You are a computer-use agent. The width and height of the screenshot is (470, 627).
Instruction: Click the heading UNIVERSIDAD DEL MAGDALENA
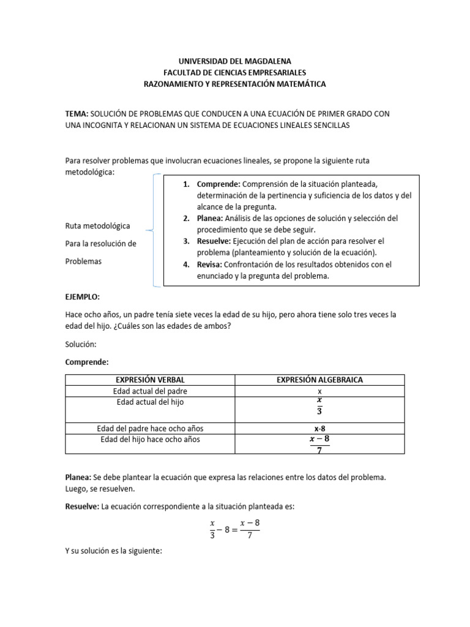coord(234,61)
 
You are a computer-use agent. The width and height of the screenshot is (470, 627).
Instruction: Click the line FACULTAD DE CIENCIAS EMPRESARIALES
coord(234,72)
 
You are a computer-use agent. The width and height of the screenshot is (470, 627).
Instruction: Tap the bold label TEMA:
coord(77,114)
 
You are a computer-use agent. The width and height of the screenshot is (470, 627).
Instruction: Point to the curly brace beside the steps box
coord(152,231)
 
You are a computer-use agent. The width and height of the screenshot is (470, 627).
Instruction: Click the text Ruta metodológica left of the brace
coord(97,226)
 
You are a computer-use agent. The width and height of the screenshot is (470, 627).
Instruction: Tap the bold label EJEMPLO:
coord(82,296)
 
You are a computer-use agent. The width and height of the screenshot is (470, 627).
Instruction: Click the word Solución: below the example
coord(81,344)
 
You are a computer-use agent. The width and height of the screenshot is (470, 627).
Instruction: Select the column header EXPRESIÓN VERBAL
coord(150,380)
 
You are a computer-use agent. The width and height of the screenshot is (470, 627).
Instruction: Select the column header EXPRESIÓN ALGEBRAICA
coord(319,380)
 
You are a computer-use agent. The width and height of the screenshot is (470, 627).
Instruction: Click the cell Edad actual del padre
coord(150,391)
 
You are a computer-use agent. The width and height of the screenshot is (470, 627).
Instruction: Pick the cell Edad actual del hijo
coord(150,402)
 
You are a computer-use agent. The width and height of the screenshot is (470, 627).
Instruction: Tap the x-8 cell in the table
coord(319,428)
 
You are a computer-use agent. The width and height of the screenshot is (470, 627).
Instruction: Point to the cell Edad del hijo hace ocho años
coord(150,440)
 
